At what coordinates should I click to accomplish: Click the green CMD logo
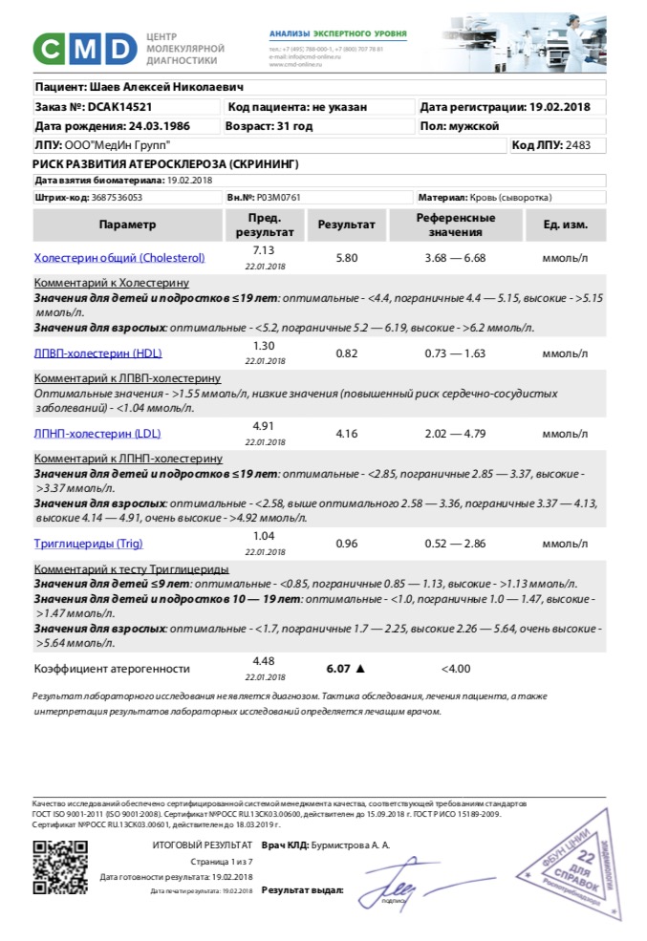click(x=85, y=48)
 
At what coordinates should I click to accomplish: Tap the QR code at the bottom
click(x=60, y=866)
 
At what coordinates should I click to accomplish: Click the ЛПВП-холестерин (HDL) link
click(x=85, y=353)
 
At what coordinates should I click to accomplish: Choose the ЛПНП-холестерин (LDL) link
click(x=84, y=434)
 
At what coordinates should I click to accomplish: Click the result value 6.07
click(x=339, y=668)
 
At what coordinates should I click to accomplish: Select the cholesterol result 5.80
click(x=347, y=258)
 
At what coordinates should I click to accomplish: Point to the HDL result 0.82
click(x=347, y=353)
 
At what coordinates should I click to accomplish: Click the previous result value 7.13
click(x=264, y=249)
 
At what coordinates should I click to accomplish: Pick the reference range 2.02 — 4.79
click(x=455, y=434)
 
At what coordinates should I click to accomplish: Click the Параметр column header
click(x=126, y=225)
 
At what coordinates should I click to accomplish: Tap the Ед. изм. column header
click(x=565, y=225)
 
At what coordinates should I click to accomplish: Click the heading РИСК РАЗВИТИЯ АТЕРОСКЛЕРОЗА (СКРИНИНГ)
click(x=165, y=163)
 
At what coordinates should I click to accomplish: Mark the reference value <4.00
click(x=455, y=668)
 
